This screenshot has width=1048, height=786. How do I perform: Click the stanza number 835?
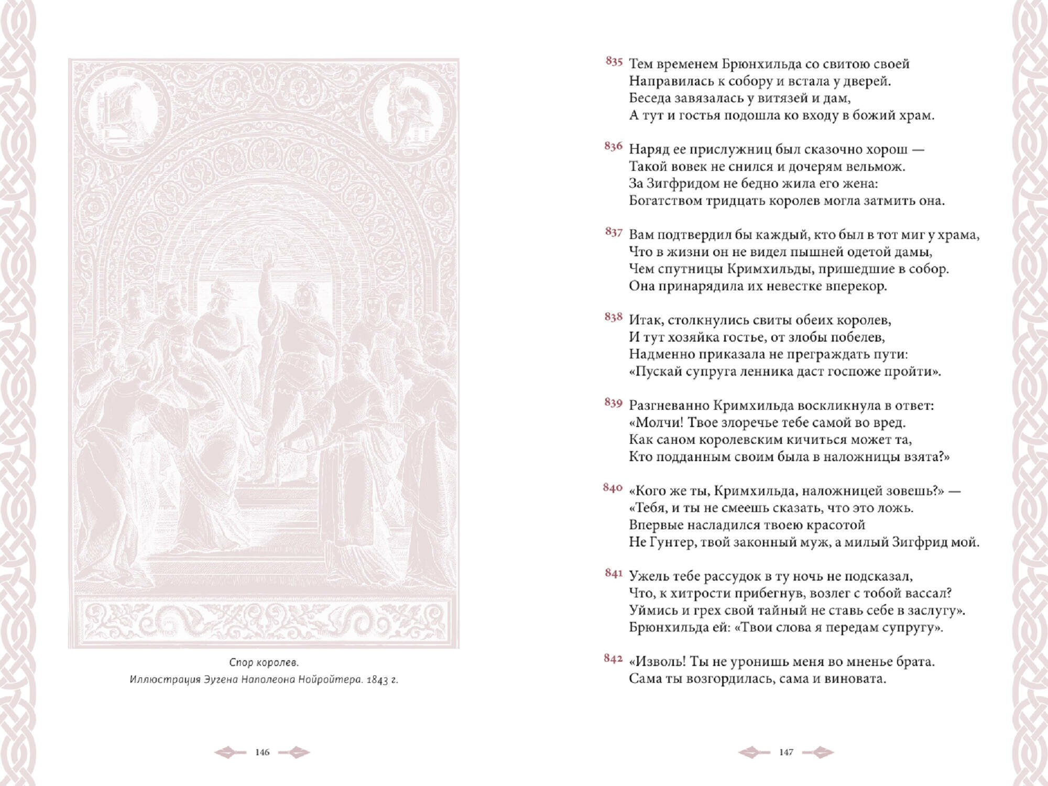coord(614,62)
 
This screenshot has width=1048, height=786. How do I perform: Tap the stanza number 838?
coord(613,317)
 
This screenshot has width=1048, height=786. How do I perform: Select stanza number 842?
coord(613,659)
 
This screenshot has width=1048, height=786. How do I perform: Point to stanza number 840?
coord(613,488)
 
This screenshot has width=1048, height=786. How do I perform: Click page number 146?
coord(262,752)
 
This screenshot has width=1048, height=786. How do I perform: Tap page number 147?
coord(786,752)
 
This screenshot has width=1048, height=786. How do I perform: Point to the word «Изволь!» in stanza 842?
coord(657,662)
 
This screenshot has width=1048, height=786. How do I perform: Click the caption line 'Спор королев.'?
coord(264,663)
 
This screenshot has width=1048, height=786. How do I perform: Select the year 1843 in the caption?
coord(378,680)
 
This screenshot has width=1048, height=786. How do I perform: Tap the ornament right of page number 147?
coord(818,752)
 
